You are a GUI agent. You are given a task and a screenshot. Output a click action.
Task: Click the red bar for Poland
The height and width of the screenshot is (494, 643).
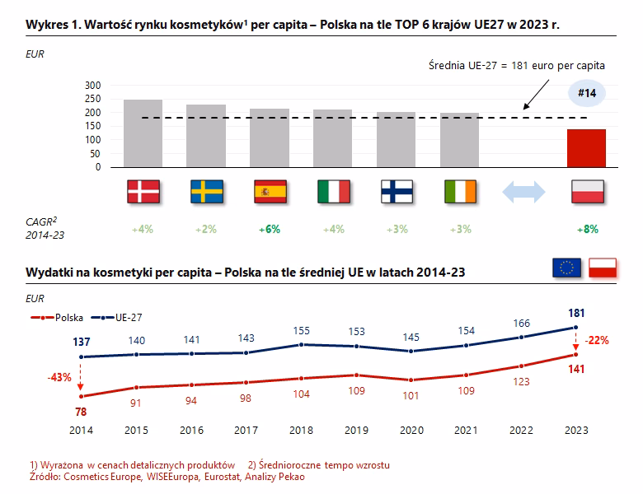[x=586, y=148]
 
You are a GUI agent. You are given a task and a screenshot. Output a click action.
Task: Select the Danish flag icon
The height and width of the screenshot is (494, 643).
[x=143, y=191]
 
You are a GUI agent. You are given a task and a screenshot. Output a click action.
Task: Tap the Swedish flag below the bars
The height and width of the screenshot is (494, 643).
[x=206, y=191]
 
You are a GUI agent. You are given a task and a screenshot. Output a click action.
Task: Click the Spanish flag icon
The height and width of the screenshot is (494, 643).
[x=270, y=191]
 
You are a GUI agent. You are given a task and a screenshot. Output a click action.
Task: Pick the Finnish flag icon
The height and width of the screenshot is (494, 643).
[x=397, y=191]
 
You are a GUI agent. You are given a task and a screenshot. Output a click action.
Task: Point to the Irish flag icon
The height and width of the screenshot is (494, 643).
[x=460, y=191]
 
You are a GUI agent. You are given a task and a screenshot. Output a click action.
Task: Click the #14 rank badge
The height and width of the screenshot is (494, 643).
[x=587, y=93]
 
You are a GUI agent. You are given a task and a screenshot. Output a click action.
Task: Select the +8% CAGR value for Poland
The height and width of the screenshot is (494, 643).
[x=587, y=229]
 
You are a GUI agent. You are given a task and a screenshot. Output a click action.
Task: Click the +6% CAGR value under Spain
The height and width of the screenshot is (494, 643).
[x=270, y=229]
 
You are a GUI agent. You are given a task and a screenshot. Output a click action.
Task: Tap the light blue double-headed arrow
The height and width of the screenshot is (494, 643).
[x=523, y=191]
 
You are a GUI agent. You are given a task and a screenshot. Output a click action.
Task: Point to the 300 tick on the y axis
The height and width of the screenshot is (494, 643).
[x=92, y=85]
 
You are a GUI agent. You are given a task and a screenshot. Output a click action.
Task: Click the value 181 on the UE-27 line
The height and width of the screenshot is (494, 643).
[x=577, y=313]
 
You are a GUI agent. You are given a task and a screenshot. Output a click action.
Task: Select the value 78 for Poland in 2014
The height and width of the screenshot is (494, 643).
[x=80, y=411]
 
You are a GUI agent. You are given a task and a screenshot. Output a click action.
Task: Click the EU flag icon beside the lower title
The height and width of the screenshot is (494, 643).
[x=566, y=268]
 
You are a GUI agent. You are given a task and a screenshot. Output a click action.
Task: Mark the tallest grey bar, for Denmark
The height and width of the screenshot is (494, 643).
[x=143, y=133]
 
